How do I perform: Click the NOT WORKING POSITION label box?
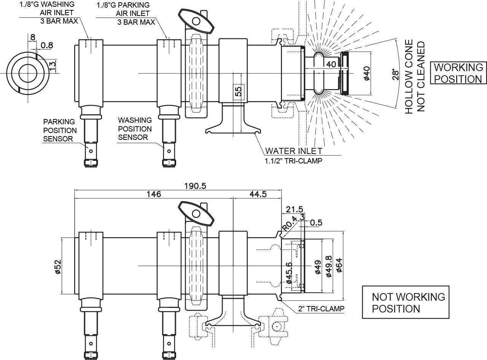pos(406,302)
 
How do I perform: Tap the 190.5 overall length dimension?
pos(195,186)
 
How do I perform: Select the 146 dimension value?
pos(154,194)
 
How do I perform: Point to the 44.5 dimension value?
pos(258,194)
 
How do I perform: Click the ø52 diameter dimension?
pos(58,266)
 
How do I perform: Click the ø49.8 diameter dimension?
pos(329,266)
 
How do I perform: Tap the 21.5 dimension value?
pos(294,209)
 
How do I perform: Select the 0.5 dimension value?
pos(316,222)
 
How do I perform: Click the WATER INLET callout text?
pos(294,151)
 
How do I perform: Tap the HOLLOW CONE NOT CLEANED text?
pos(415,76)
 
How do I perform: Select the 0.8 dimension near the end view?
pos(46,46)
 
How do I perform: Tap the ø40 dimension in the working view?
pos(366,73)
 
